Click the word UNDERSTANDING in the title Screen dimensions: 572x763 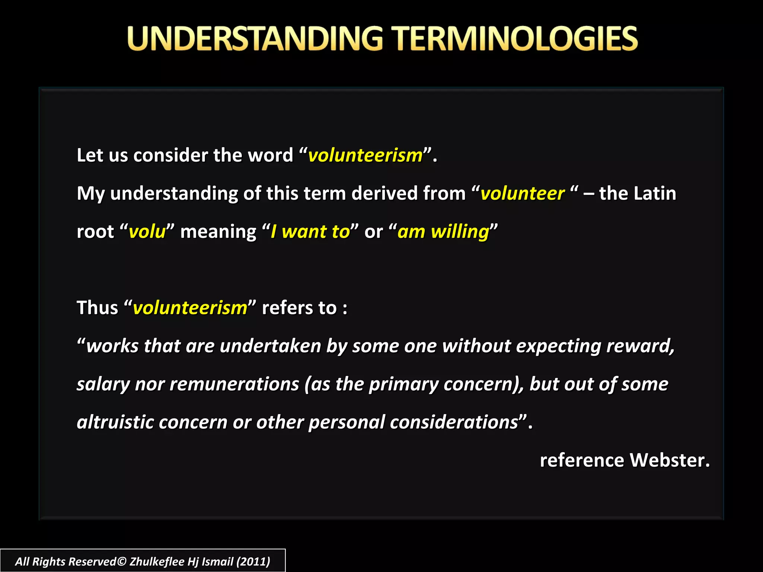255,38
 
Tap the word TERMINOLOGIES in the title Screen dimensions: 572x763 516,38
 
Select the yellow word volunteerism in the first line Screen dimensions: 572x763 365,155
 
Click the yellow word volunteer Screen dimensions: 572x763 522,194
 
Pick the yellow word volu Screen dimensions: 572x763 147,232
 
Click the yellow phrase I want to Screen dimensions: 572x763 310,232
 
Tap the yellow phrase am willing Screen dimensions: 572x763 443,232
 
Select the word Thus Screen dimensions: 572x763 97,308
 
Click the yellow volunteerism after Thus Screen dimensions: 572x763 190,308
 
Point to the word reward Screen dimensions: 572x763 640,346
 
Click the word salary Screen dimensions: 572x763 103,384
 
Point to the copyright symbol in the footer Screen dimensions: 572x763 122,561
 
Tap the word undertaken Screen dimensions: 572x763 270,346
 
